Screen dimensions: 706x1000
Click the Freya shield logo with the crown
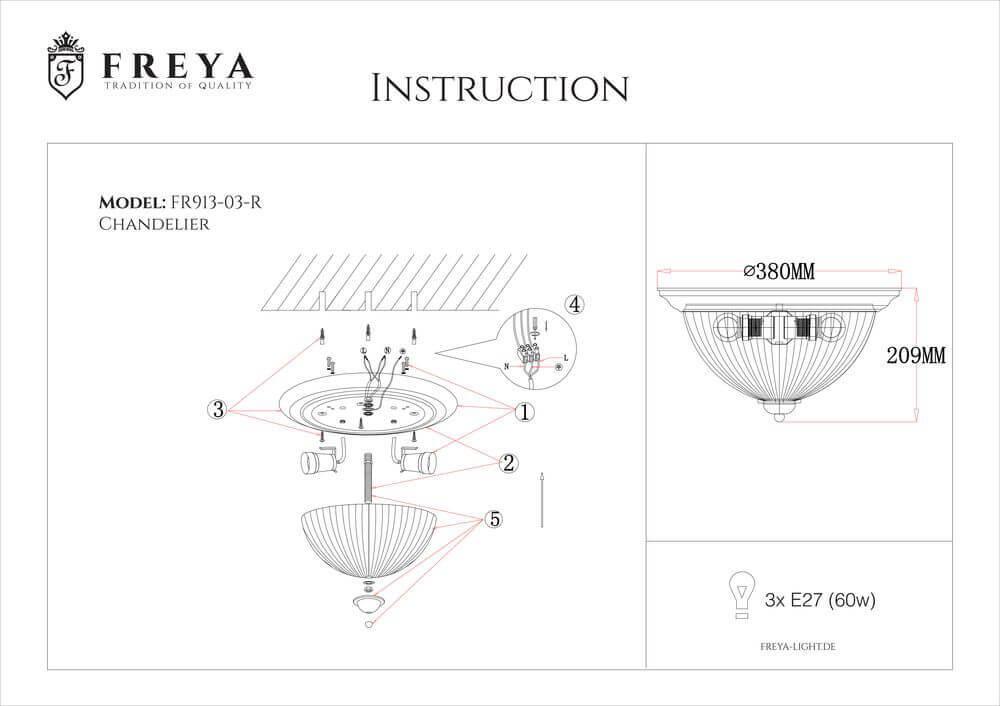click(x=67, y=67)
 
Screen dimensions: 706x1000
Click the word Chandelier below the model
click(x=154, y=225)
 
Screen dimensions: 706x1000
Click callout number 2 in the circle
click(x=508, y=463)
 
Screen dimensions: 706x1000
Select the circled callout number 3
click(x=215, y=408)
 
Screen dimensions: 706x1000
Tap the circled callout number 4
click(x=573, y=304)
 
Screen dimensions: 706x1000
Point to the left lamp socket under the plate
click(x=318, y=462)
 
